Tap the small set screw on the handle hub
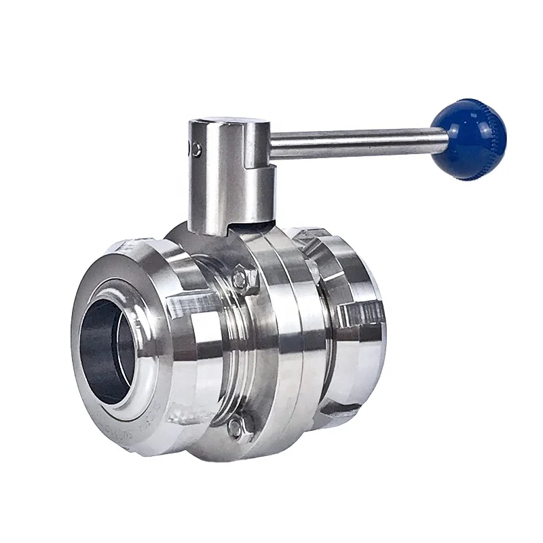[x=196, y=149]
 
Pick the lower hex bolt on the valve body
[x=235, y=426]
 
